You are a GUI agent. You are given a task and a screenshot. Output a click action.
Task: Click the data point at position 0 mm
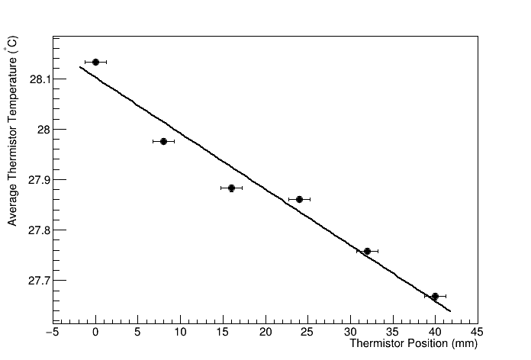click(95, 62)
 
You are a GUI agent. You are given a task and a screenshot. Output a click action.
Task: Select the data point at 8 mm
click(163, 141)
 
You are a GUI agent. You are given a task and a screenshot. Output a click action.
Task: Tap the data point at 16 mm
click(231, 188)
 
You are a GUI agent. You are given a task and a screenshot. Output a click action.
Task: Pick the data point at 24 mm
click(299, 199)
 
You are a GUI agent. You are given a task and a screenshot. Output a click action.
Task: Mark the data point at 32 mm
click(367, 251)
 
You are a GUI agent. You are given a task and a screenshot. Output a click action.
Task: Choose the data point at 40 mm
click(435, 296)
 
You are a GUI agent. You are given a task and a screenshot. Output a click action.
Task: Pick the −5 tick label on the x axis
click(52, 332)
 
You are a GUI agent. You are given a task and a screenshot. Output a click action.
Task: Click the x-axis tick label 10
click(180, 332)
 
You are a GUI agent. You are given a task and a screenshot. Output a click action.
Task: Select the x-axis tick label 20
click(265, 332)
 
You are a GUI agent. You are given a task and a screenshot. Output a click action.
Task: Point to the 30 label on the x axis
click(350, 332)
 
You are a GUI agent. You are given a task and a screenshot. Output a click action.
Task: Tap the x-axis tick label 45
click(478, 332)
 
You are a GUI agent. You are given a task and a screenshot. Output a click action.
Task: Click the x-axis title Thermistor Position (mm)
click(413, 344)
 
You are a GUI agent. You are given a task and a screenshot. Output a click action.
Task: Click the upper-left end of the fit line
click(79, 67)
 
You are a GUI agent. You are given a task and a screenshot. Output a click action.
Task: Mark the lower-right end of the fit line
click(451, 311)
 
